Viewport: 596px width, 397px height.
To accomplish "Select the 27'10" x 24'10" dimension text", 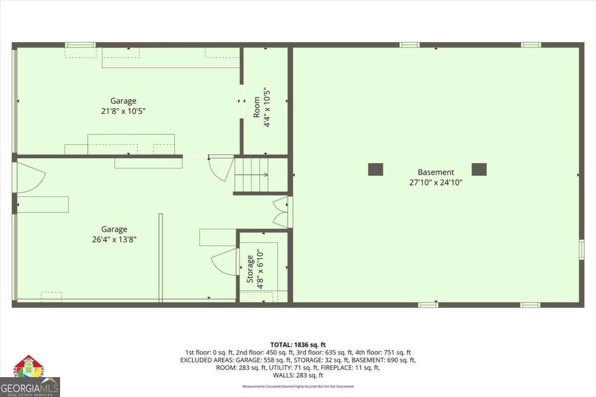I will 436,182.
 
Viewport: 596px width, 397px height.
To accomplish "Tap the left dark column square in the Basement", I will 375,169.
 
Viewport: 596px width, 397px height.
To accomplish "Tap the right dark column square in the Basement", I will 479,169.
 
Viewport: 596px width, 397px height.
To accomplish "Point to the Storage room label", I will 250,268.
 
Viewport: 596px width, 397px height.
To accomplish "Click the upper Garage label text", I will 123,101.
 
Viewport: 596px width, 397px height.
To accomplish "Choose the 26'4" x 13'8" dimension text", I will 114,239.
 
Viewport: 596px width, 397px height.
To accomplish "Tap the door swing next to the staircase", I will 220,167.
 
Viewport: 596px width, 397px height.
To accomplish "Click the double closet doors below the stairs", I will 281,212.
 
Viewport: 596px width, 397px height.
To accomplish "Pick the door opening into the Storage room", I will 224,261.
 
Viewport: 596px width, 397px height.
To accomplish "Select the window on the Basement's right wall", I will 582,249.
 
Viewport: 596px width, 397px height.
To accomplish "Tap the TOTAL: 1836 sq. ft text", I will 298,344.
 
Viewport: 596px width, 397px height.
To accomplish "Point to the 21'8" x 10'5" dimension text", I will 123,111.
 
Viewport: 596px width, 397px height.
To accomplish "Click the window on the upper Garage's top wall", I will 80,45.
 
